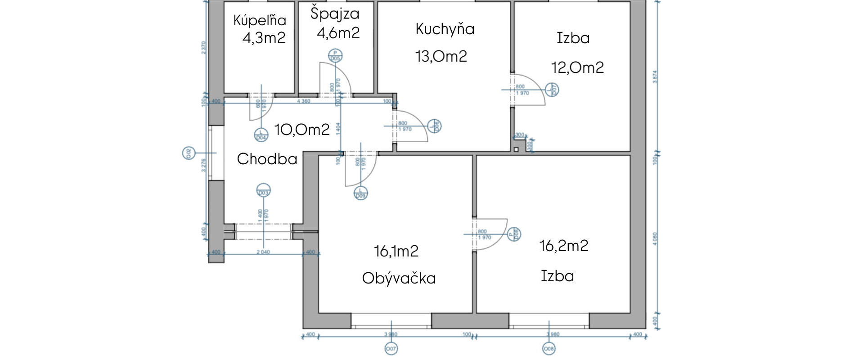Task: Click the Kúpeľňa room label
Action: click(260, 20)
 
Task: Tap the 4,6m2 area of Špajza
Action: click(338, 33)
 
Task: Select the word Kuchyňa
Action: click(445, 29)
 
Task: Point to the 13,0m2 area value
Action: click(441, 57)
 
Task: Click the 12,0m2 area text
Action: click(577, 68)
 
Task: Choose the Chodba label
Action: click(267, 159)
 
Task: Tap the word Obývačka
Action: click(399, 278)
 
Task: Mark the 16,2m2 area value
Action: click(564, 246)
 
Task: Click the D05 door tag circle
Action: click(335, 55)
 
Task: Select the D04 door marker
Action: click(261, 135)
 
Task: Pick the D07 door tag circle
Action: click(552, 90)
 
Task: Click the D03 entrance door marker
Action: click(263, 191)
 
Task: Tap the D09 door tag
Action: click(360, 193)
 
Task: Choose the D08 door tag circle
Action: click(514, 234)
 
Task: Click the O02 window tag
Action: click(189, 153)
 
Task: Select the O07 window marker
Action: click(391, 348)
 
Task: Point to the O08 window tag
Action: click(549, 348)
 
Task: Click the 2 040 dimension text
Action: click(263, 252)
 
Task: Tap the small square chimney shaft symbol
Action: click(516, 149)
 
